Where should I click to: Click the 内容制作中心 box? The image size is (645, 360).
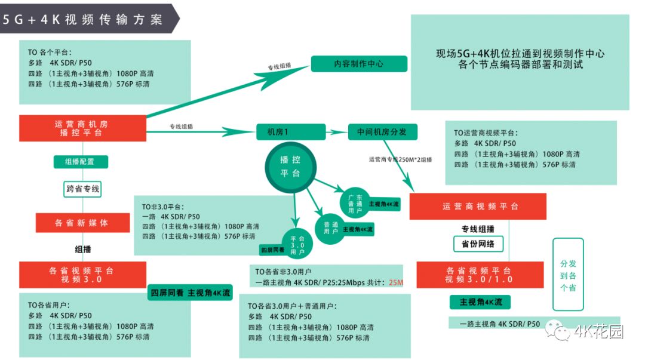coord(359,64)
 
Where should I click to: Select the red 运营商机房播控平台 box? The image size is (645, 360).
coord(83,128)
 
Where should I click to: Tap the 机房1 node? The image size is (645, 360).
coord(291,132)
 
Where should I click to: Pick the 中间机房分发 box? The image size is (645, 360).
coord(382,132)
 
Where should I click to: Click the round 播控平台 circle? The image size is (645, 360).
coord(291,167)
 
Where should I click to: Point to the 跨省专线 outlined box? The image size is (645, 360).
coord(82,189)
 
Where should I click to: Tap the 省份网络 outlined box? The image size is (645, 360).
coord(478,244)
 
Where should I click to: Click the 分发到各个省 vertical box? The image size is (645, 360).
coord(567,274)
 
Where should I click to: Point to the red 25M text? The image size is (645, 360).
coord(395,282)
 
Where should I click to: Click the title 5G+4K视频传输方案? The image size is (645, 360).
coord(83,20)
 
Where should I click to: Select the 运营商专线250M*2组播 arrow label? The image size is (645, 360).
coord(400,159)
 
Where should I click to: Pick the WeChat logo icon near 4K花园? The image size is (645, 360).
coord(562,332)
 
